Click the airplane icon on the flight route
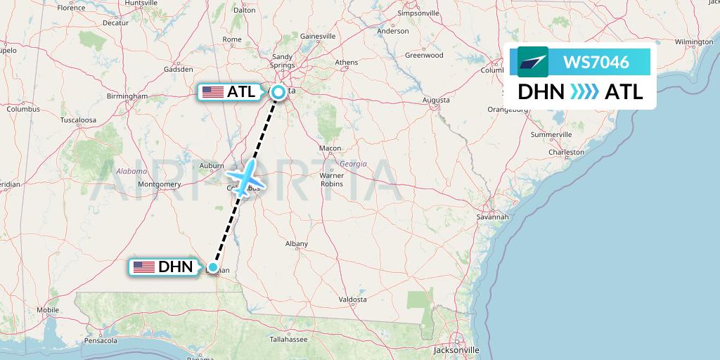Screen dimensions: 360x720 pos(243,177)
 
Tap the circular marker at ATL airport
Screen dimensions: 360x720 pos(278,91)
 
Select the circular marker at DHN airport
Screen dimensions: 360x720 pos(212,266)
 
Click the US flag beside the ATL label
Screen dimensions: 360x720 pos(212,92)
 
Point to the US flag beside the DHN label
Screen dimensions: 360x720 pos(144,267)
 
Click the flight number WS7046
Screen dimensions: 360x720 pos(596,63)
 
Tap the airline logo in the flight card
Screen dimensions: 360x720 pos(533,63)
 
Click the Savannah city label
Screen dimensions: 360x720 pos(491,217)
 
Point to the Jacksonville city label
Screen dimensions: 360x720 pos(457,349)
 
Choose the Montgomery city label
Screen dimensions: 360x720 pos(160,184)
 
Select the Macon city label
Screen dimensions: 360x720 pos(330,148)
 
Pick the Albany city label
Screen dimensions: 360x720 pos(297,244)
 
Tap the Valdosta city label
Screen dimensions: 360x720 pos(352,299)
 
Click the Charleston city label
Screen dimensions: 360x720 pos(567,152)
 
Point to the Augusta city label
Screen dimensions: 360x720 pos(436,101)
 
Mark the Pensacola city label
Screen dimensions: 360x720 pos(101,340)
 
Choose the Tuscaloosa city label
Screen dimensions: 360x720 pos(78,120)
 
